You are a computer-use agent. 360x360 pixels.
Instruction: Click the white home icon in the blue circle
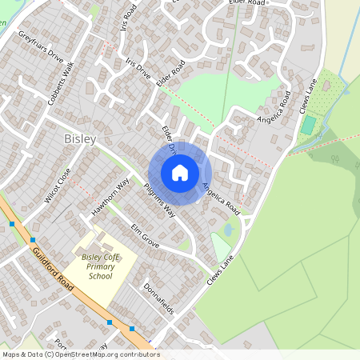[x=180, y=173]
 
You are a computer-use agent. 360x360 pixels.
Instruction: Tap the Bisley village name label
[x=79, y=139]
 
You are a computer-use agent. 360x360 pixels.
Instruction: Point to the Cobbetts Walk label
[x=60, y=78]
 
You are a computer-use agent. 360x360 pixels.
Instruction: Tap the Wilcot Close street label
[x=58, y=186]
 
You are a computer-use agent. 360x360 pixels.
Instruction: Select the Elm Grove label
[x=145, y=235]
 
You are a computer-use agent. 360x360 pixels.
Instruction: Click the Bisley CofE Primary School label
[x=101, y=266]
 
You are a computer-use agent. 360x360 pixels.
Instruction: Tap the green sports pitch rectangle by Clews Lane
[x=308, y=126]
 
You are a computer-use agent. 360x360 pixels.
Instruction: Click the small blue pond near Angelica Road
[x=228, y=230]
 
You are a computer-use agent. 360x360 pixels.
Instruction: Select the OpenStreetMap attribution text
[x=80, y=354]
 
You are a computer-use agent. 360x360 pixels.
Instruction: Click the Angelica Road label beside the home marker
[x=221, y=197]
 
